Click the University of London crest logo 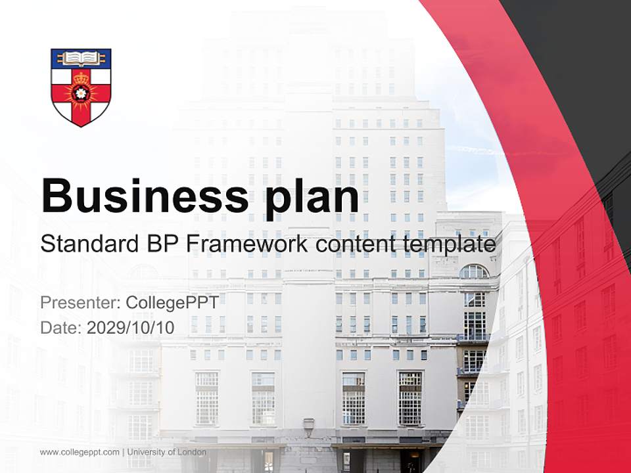[81, 87]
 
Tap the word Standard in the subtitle [87, 244]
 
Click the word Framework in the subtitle [246, 244]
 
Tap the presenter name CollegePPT [172, 302]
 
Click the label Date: [61, 327]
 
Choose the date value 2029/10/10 [131, 327]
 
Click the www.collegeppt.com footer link [80, 452]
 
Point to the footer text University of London [167, 452]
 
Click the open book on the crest [81, 58]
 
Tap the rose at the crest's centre [81, 93]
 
